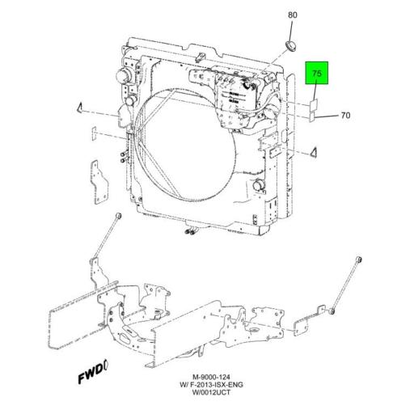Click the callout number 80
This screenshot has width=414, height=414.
coord(293,15)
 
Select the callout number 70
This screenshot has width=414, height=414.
coord(345,116)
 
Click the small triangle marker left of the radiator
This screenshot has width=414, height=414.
coord(82,108)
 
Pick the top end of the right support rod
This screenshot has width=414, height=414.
coord(361,258)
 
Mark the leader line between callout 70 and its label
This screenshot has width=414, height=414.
coord(327,116)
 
